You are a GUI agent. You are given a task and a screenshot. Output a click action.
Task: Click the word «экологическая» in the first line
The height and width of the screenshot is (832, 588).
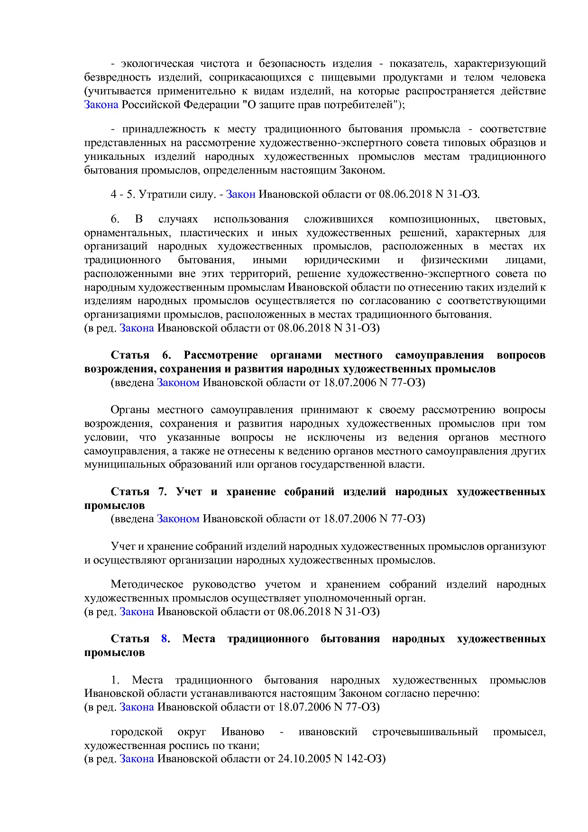tap(157, 64)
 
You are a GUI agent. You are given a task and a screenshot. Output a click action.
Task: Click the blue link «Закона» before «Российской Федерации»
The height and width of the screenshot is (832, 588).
tap(101, 104)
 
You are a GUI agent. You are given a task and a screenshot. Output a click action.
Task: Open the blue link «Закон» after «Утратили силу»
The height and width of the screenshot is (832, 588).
tap(240, 194)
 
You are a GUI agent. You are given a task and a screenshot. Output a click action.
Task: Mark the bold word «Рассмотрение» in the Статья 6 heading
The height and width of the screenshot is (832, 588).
tap(220, 355)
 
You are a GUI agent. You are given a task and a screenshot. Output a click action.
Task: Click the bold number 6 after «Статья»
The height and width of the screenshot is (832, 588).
tap(166, 355)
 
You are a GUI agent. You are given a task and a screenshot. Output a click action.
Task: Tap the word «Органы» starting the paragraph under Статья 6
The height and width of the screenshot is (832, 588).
tap(130, 410)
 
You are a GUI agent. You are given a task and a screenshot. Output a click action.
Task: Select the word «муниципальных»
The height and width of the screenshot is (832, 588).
tap(125, 464)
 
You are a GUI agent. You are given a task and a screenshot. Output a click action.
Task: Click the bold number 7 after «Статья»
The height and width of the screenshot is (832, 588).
tap(163, 492)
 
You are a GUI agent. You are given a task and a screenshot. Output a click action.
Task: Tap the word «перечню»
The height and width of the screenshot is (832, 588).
tap(459, 693)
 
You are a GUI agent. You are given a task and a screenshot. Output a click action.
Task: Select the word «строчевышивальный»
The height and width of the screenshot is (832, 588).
tap(425, 732)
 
